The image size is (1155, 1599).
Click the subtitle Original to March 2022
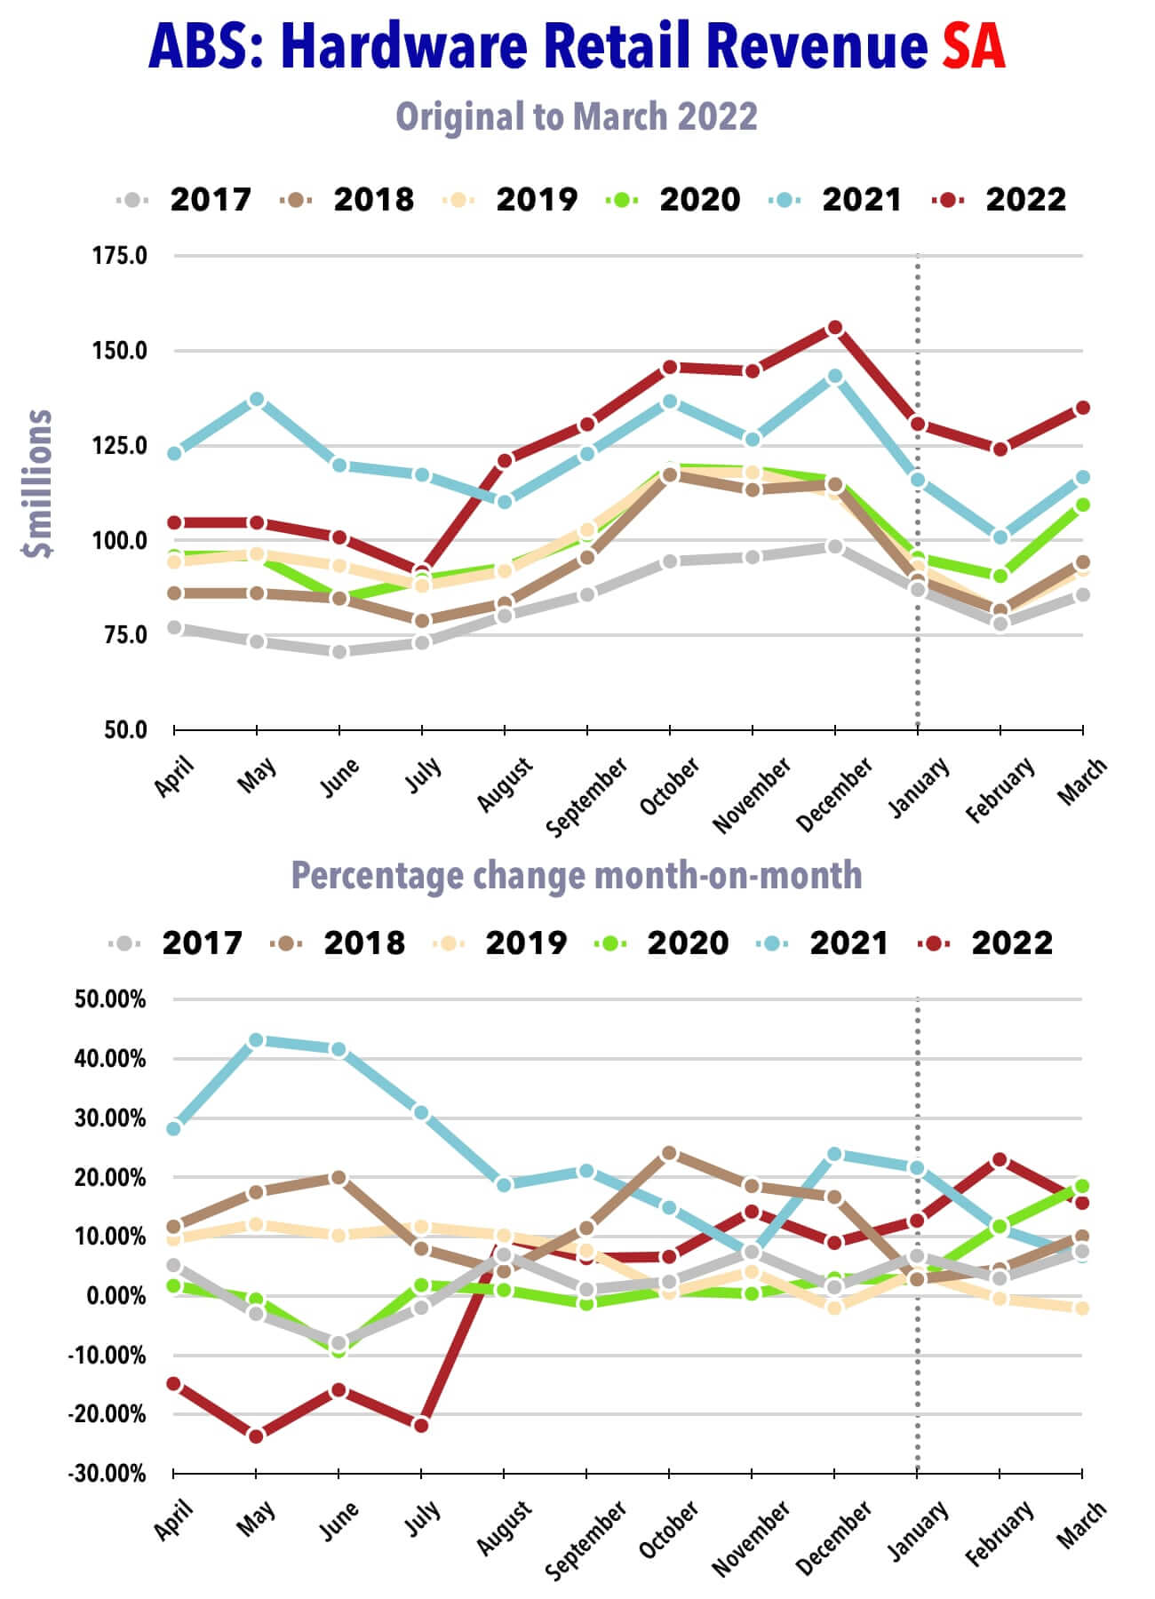coord(576,116)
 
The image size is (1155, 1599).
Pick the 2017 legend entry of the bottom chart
coord(178,943)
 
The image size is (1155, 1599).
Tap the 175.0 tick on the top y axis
coord(119,256)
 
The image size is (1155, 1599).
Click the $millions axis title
coord(37,484)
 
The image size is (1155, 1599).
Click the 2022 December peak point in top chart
coord(835,328)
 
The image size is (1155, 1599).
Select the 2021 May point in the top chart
coord(257,400)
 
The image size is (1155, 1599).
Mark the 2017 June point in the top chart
coord(339,652)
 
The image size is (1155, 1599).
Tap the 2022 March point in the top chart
coord(1083,408)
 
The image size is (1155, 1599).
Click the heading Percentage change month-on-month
coord(576,876)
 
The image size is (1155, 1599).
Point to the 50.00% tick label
coord(110,999)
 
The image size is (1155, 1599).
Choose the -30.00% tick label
coord(108,1474)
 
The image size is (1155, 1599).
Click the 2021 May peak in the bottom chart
coord(257,1040)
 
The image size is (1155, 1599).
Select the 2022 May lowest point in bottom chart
coord(257,1436)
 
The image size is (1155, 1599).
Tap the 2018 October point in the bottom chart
coord(670,1153)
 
